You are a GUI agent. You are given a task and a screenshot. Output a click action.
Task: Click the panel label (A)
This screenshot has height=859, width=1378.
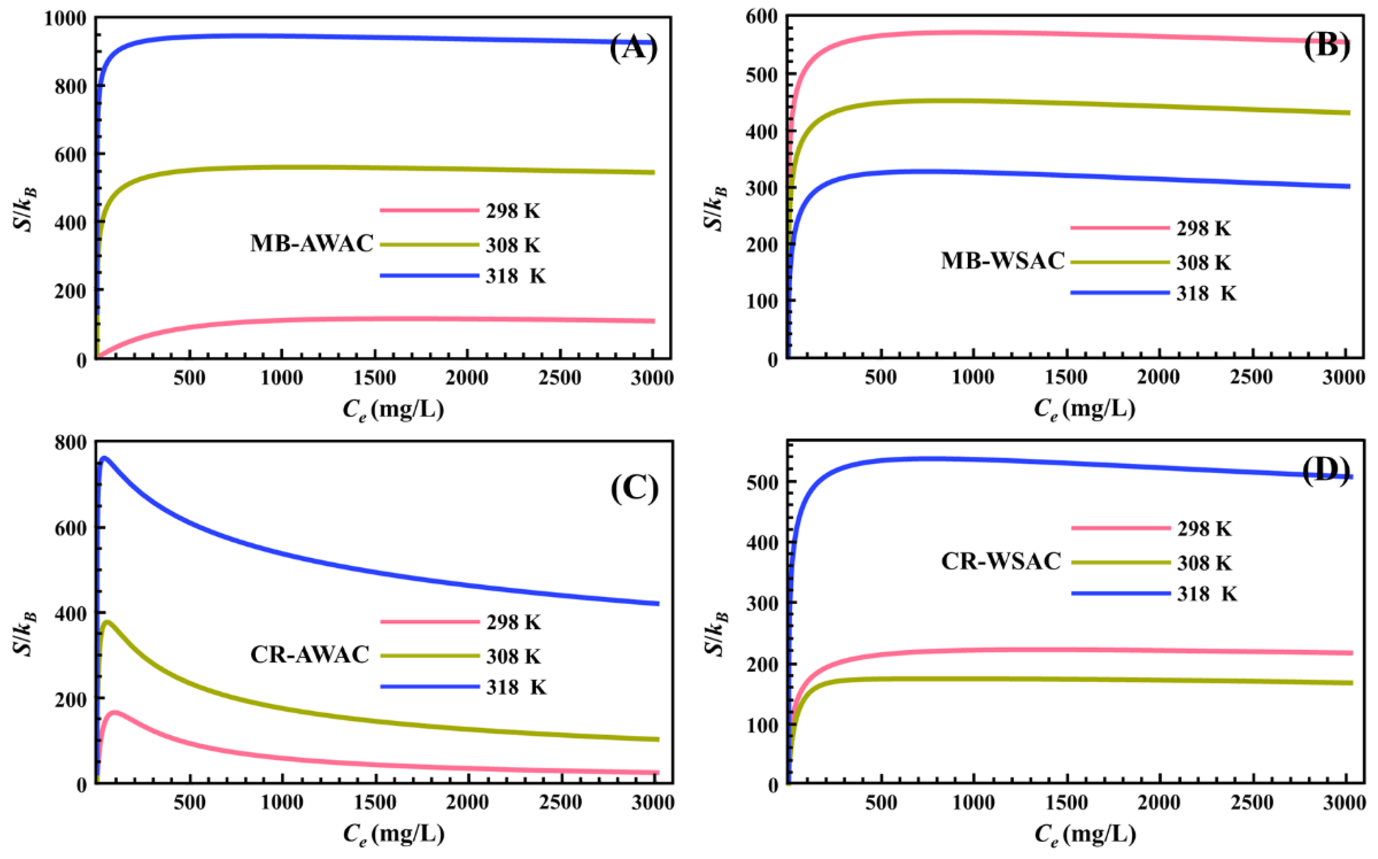click(633, 47)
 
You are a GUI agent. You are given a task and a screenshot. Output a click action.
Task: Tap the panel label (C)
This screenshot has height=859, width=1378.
click(634, 487)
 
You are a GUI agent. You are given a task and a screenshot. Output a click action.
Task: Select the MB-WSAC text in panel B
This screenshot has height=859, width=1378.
click(1002, 261)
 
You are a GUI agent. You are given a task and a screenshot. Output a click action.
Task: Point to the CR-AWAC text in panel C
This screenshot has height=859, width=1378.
click(310, 655)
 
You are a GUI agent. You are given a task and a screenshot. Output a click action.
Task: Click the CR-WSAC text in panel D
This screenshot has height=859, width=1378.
click(1001, 561)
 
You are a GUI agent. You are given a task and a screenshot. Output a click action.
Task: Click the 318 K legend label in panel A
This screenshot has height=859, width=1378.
click(515, 277)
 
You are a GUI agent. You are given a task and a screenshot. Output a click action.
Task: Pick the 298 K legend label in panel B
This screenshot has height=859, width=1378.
click(1203, 228)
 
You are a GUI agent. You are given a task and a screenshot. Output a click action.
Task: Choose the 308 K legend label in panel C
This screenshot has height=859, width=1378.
click(513, 656)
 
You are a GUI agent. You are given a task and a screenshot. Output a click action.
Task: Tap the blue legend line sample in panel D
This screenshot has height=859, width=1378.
click(1121, 593)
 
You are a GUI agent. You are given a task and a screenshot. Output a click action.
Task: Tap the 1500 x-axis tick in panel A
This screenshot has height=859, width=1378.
click(374, 378)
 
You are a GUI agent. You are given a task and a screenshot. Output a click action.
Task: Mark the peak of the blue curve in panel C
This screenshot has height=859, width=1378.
click(104, 457)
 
